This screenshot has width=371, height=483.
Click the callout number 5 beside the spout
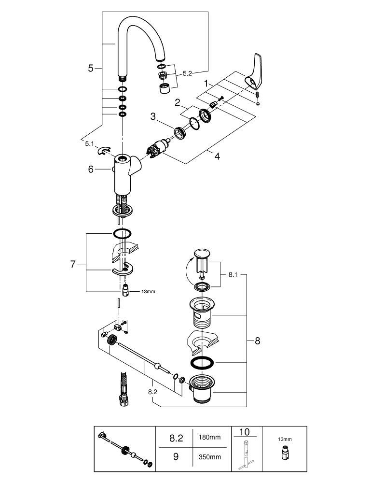pos(91,69)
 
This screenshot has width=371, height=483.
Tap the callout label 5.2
pos(187,73)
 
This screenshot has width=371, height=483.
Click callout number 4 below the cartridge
pos(218,156)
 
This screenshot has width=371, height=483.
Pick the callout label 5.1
pos(90,143)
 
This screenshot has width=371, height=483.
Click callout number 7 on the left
pos(73,264)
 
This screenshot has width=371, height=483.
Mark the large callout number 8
pos(257,341)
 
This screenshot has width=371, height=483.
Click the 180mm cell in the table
pos(209,438)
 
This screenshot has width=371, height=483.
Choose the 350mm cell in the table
pos(209,456)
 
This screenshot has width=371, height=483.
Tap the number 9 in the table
pos(176,456)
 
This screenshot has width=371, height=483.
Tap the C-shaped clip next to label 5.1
pos(104,152)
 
